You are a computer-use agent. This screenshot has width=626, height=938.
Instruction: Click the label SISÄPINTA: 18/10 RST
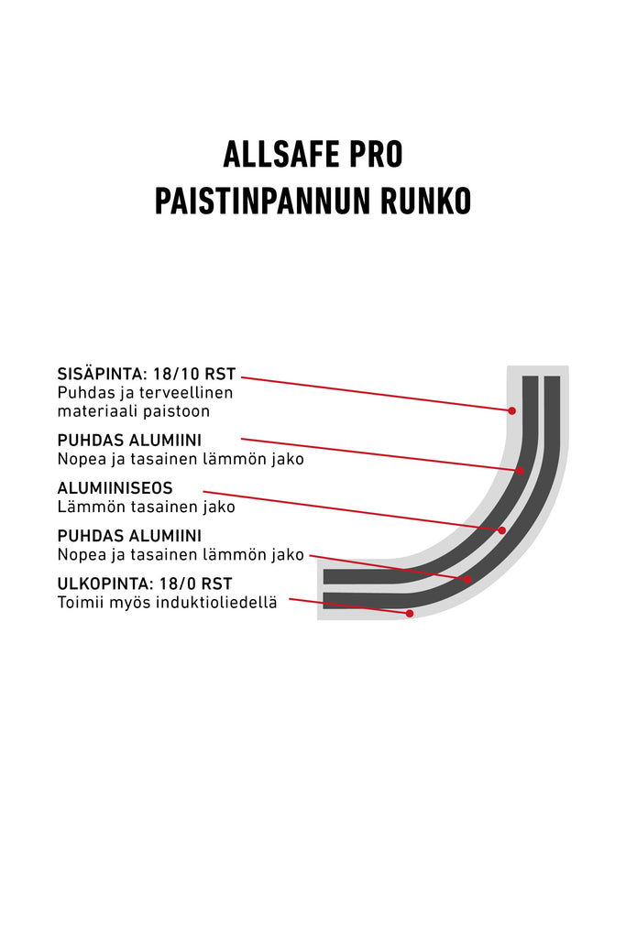147,375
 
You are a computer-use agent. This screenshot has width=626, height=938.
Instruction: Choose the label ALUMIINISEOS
115,488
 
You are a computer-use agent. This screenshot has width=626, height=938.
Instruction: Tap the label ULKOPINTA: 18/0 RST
145,584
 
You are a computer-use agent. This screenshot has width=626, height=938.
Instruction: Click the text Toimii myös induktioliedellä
168,603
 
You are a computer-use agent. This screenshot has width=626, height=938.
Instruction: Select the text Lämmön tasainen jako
147,507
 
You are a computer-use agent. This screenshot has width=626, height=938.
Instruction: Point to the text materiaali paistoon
134,411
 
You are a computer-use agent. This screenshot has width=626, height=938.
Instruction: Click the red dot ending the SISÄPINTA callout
512,411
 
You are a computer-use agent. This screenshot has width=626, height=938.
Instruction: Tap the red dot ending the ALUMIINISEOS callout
502,530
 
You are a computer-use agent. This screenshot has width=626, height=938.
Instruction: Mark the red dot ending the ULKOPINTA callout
410,614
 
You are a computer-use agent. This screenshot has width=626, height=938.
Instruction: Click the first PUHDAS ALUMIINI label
129,441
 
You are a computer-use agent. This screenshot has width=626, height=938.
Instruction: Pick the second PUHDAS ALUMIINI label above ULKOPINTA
129,536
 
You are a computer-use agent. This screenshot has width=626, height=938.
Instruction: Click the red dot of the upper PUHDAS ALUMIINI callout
521,472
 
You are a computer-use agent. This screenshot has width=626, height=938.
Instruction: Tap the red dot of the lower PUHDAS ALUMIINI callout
467,580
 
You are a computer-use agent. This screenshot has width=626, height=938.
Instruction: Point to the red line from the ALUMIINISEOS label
353,511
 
